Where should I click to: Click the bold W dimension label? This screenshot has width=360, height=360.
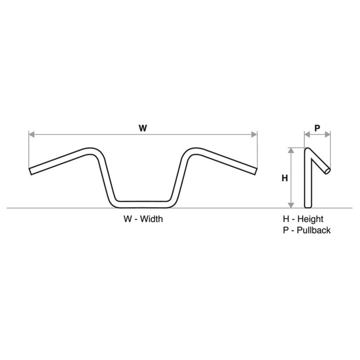tap(143, 129)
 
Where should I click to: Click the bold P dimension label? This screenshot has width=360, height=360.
tap(317, 129)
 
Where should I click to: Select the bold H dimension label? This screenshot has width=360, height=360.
tap(285, 178)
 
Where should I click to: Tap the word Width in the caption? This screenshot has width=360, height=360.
tap(151, 219)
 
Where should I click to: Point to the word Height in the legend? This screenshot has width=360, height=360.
tap(311, 219)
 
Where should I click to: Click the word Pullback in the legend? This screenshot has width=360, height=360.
tap(314, 230)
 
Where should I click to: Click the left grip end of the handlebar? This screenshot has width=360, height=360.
tap(31, 171)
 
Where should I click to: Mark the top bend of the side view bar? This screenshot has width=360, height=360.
tap(308, 150)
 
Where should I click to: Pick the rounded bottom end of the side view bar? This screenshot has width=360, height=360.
tap(308, 205)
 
